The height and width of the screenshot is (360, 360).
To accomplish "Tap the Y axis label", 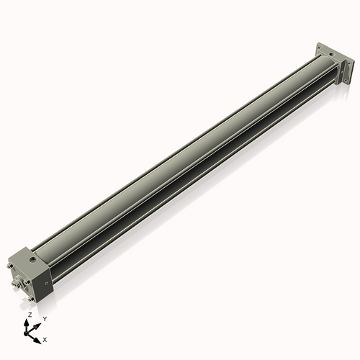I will click(45, 318).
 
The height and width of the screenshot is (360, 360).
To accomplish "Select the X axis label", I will click(45, 338).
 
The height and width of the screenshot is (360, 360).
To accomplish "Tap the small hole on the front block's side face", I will click(45, 283).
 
